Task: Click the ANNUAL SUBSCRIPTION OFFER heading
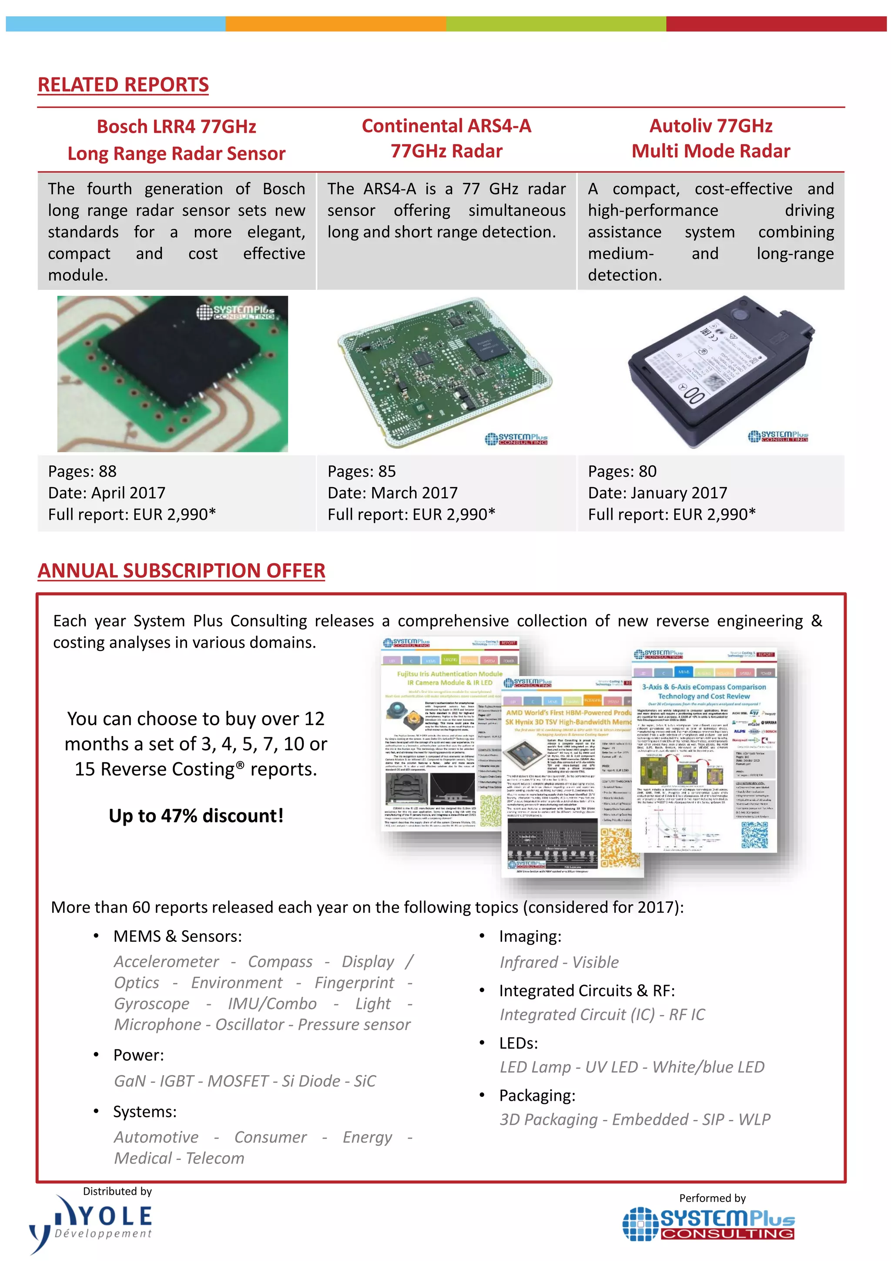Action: pyautogui.click(x=181, y=571)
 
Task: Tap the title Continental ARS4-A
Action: pyautogui.click(x=446, y=126)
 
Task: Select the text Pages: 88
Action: pyautogui.click(x=82, y=471)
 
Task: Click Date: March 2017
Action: pyautogui.click(x=392, y=493)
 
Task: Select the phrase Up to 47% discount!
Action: pyautogui.click(x=196, y=816)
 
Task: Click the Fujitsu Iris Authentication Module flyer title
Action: pyautogui.click(x=449, y=673)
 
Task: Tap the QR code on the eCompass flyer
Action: pyautogui.click(x=754, y=835)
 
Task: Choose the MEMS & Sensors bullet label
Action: pyautogui.click(x=178, y=936)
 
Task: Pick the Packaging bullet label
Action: pyautogui.click(x=537, y=1096)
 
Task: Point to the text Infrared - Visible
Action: pyautogui.click(x=559, y=962)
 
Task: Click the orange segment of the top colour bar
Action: pyautogui.click(x=335, y=24)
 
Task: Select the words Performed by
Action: pyautogui.click(x=712, y=1198)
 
